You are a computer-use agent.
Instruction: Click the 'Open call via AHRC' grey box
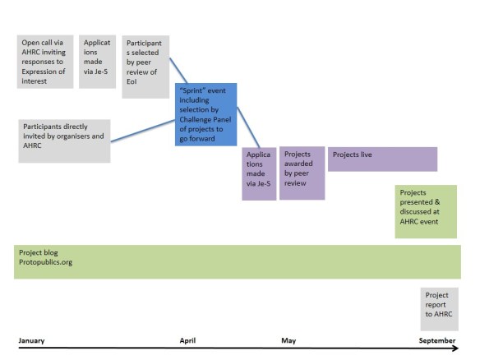click(47, 62)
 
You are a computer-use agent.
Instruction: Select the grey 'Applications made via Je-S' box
click(99, 62)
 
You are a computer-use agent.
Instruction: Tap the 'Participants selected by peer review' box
click(145, 67)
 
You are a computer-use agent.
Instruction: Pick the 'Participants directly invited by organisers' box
click(63, 140)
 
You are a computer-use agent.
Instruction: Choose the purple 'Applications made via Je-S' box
click(259, 174)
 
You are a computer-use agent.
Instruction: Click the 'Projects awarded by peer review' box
click(302, 173)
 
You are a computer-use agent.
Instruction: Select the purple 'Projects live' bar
click(382, 159)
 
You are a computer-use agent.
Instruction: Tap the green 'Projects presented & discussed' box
click(426, 210)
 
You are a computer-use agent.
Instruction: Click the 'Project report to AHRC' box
click(440, 307)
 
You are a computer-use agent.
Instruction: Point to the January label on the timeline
click(31, 340)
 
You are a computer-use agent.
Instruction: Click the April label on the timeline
click(187, 340)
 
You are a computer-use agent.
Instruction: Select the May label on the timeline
click(288, 340)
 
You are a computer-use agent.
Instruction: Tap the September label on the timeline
click(436, 340)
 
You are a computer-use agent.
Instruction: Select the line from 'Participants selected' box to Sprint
click(180, 70)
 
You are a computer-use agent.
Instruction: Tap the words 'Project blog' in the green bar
click(39, 252)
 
